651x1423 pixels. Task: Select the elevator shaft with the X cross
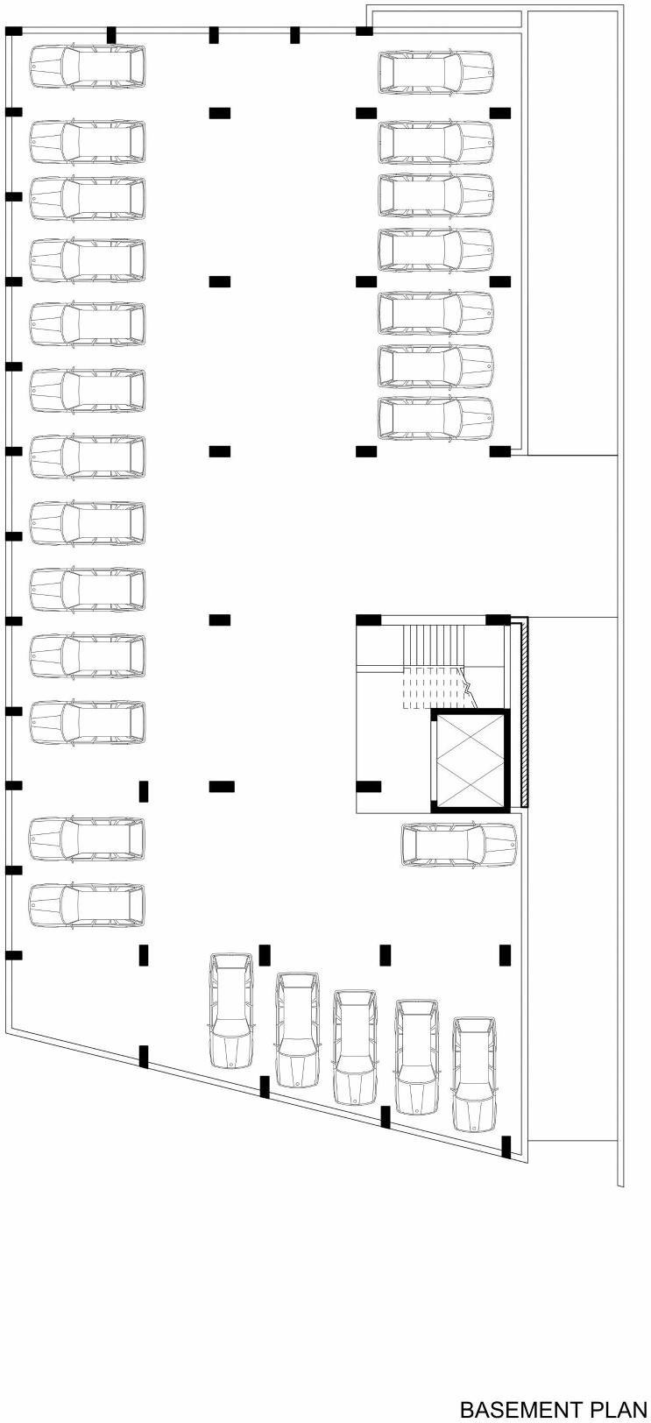470,760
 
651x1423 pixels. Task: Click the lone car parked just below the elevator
458,845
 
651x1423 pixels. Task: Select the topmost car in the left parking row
87,67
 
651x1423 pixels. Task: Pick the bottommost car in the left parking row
87,905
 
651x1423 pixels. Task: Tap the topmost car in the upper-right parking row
435,72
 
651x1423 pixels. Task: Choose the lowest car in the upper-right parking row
435,419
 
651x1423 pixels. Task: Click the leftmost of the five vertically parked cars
231,1010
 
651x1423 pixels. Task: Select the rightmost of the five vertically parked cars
474,1074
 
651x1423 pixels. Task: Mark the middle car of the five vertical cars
355,1047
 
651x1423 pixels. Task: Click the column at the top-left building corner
13,32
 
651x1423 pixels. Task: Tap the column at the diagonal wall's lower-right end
506,1147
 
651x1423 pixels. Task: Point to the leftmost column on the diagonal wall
144,1056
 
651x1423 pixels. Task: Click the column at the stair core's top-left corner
368,620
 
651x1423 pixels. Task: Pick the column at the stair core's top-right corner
498,620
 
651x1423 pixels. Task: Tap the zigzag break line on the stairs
470,683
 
